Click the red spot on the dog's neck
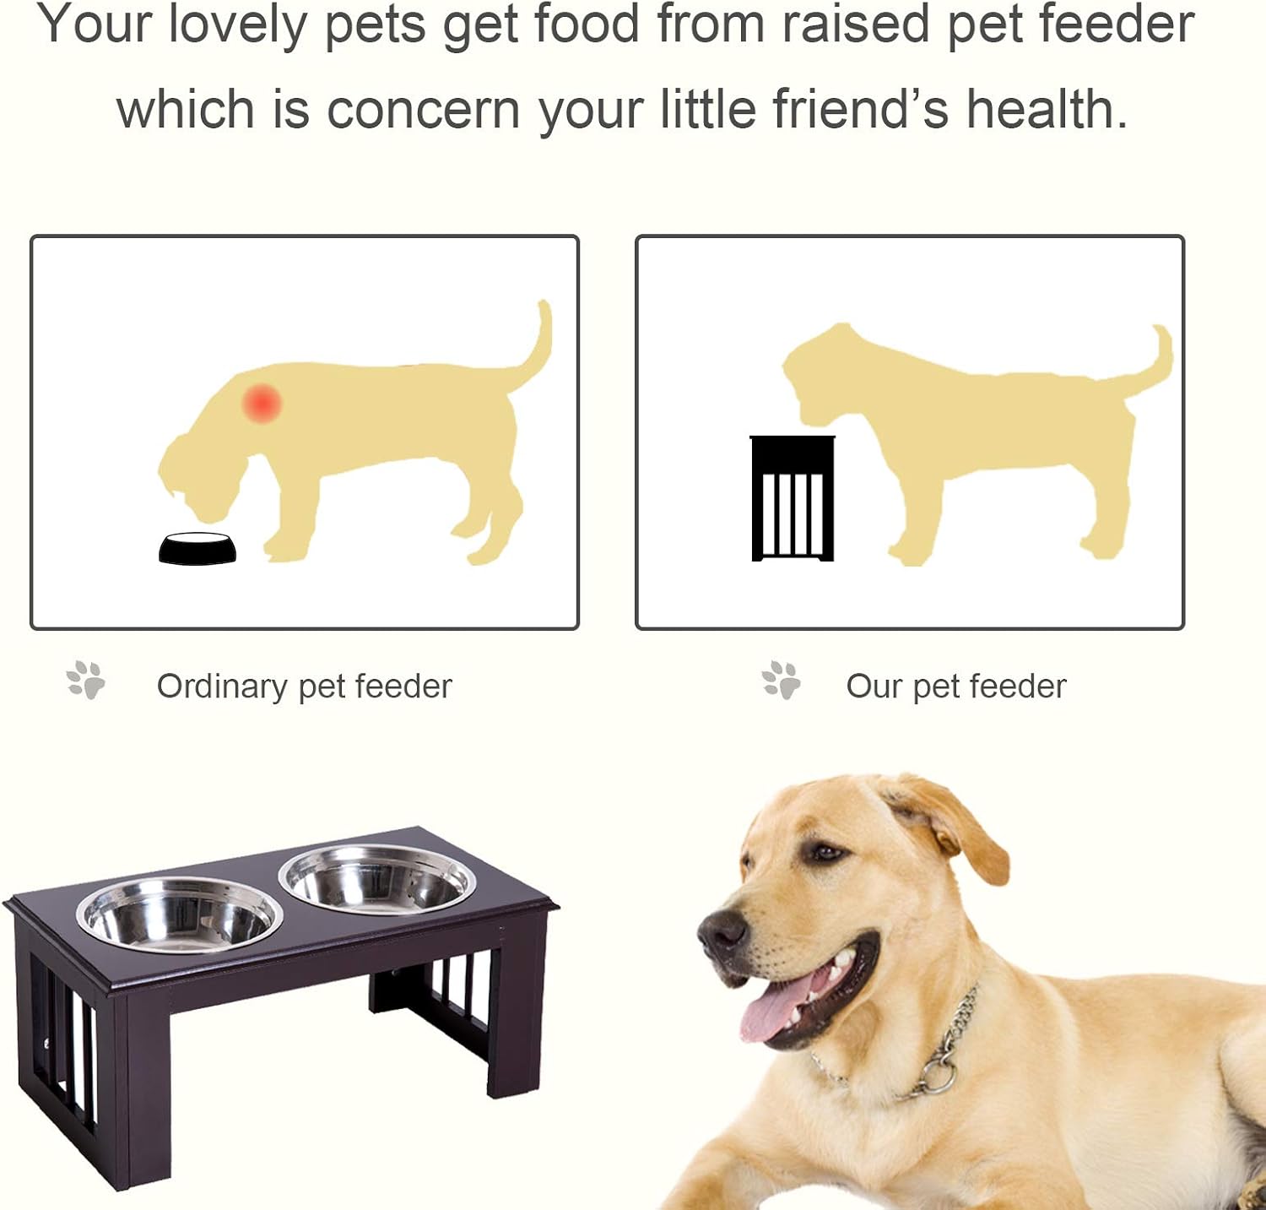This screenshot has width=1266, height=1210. (262, 403)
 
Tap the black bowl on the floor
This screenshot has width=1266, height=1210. (197, 549)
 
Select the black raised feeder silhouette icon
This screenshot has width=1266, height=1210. (793, 498)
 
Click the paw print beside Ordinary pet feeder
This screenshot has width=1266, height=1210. (86, 681)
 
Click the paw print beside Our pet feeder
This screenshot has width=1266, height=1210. (782, 681)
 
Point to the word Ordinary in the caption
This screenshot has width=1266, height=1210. (222, 686)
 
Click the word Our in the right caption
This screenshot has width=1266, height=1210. (874, 686)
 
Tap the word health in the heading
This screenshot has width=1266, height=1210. (1047, 110)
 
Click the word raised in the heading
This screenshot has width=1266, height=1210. (857, 25)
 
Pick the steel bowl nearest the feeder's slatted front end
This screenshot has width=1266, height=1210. (180, 914)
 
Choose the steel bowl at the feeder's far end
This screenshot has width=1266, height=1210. (377, 878)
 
